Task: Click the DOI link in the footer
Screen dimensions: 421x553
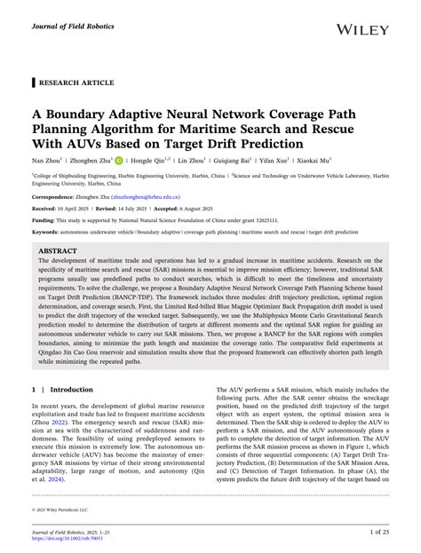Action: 71,536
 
